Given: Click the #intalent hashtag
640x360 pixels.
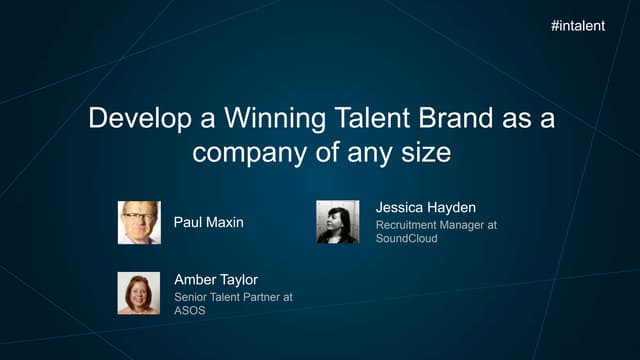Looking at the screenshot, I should click(577, 25).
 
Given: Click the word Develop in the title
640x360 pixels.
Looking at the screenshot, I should click(133, 119).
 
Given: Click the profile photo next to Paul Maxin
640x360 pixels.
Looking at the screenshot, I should click(139, 222).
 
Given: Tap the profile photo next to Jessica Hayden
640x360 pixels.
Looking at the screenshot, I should click(337, 221).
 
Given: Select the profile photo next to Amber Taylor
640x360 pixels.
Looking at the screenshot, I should click(138, 293).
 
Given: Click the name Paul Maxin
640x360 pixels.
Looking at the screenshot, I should click(209, 222).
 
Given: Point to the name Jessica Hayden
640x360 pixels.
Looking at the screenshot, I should click(427, 207).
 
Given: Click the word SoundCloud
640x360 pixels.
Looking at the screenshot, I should click(406, 239).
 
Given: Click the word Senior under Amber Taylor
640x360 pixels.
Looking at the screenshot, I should click(192, 297).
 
